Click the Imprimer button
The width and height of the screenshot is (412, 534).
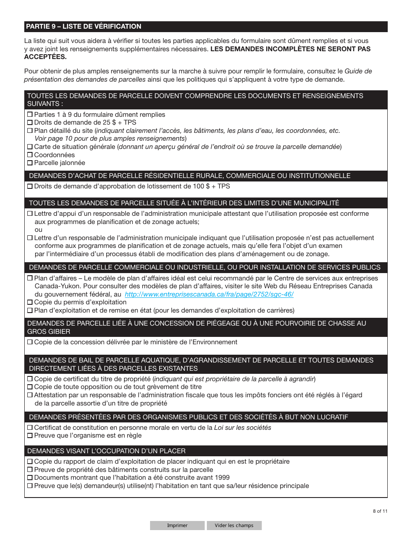tap(177, 525)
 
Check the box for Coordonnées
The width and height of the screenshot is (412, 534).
tap(30, 155)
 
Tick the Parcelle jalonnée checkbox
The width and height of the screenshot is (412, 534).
tap(30, 163)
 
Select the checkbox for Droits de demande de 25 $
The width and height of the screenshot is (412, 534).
tap(30, 122)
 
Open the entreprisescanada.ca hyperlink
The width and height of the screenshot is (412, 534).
tap(209, 294)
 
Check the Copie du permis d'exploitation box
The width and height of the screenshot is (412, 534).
tap(30, 302)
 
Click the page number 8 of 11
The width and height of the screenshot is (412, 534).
tap(380, 511)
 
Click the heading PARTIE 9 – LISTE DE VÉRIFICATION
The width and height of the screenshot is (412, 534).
tap(84, 26)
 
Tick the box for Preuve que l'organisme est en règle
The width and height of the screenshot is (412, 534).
tap(30, 435)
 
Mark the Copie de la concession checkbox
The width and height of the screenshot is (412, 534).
tap(30, 342)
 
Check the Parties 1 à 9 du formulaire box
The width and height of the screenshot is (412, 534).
tap(30, 115)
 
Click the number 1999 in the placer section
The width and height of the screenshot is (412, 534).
tap(222, 478)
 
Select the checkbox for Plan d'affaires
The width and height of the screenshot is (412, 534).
tap(30, 278)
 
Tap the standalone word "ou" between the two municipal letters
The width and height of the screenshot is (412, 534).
tap(39, 230)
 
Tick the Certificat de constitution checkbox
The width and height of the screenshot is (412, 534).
tap(30, 428)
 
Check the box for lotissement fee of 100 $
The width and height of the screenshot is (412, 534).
tap(30, 186)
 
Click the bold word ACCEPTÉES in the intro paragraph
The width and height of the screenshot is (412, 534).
tap(46, 57)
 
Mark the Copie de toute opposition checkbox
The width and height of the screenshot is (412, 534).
tap(30, 387)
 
